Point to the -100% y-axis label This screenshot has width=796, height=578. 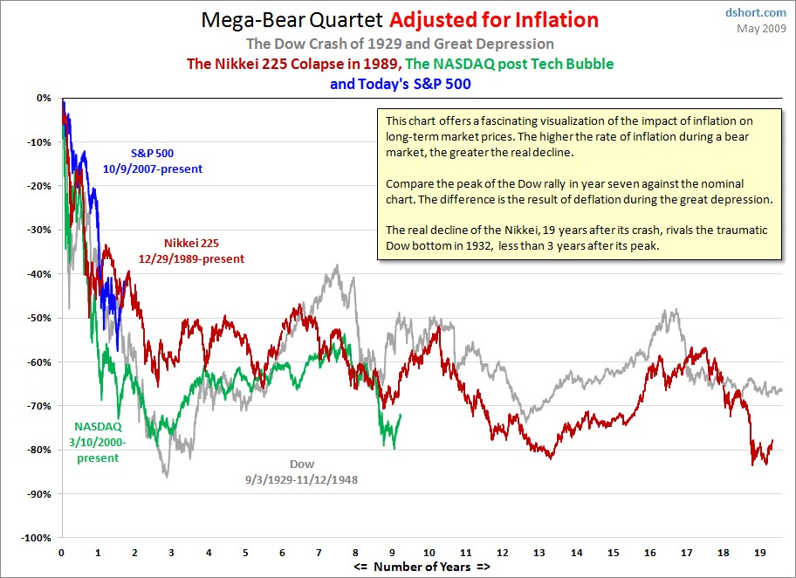point(37,538)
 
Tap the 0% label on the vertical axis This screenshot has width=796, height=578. point(44,98)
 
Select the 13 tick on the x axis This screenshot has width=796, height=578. point(541,553)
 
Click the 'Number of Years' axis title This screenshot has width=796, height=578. point(422,568)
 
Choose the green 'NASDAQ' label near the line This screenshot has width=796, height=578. point(99,427)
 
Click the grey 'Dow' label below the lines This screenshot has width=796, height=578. point(302,464)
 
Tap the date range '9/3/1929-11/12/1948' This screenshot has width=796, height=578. point(302,478)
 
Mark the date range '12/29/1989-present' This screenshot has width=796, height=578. point(191,258)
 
